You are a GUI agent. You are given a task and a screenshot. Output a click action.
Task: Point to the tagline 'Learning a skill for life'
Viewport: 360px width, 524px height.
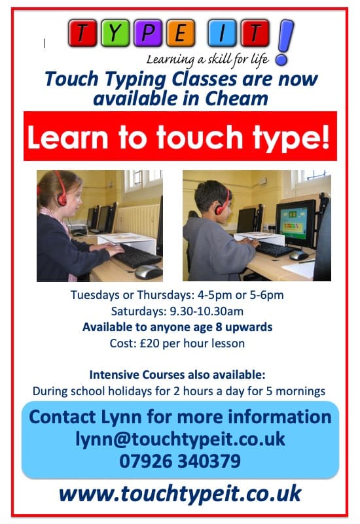click(208, 60)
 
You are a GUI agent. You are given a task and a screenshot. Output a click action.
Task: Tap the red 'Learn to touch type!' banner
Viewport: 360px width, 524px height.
click(180, 136)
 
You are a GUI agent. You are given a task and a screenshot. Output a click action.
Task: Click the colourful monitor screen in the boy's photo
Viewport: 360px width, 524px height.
click(295, 222)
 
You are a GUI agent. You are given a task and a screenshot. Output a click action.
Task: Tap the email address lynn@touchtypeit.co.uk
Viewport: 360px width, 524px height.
click(180, 439)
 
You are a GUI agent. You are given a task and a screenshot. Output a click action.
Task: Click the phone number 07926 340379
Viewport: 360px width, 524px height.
click(180, 461)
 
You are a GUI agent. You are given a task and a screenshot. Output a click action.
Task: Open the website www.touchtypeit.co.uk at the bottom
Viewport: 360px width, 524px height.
click(180, 493)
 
